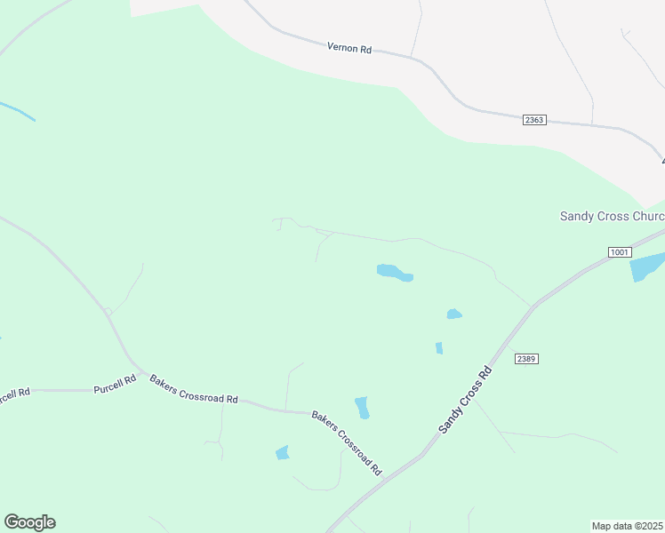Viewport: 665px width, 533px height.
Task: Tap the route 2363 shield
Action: [533, 119]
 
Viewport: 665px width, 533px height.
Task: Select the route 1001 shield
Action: [620, 253]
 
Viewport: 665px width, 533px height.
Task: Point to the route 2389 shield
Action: [526, 358]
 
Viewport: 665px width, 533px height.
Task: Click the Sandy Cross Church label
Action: [612, 217]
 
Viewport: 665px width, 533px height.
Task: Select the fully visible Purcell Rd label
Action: [116, 385]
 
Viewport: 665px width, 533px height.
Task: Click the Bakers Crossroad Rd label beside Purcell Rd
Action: [194, 389]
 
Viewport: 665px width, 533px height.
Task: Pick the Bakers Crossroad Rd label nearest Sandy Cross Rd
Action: [346, 442]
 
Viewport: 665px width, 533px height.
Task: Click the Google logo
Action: [29, 522]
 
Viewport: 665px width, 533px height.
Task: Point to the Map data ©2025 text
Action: [628, 526]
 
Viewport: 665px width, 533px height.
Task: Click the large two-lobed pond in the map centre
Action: [395, 273]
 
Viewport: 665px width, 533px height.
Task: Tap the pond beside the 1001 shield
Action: [646, 266]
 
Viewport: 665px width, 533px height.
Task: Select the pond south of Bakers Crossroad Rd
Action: [283, 452]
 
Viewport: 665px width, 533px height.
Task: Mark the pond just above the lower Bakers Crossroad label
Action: [362, 408]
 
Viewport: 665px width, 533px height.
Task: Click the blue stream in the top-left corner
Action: [17, 111]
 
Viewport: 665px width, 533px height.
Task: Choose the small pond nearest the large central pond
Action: [453, 314]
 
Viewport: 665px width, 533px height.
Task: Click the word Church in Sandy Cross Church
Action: [644, 217]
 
